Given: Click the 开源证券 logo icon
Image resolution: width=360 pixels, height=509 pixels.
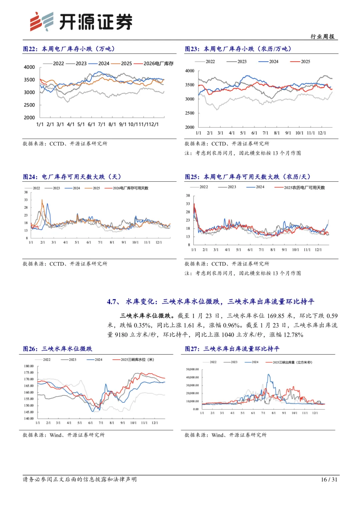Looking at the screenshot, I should pos(41,21).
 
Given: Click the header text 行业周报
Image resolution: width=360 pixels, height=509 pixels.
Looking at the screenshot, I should pos(322,37).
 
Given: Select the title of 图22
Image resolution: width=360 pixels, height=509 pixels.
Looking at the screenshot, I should pos(69,49).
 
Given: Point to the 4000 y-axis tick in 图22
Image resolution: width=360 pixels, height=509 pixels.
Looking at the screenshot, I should pos(29,67).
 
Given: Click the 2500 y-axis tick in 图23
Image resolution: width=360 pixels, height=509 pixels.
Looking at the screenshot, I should pos(190,113).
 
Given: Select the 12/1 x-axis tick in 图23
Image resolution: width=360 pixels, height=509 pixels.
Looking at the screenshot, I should pos(322,133).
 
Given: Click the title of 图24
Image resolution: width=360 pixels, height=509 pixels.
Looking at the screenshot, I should pos(72,177).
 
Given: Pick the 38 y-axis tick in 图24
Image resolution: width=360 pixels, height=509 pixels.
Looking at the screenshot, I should pos(26,192).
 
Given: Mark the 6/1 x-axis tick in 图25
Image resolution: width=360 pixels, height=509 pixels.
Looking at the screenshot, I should pos(250,250).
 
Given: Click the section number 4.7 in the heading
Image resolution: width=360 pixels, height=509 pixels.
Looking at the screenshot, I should pos(113,302).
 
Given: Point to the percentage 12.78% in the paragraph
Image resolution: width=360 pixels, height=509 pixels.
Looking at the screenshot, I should pos(293,335).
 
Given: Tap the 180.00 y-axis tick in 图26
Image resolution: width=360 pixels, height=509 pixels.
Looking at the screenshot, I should pos(29,366).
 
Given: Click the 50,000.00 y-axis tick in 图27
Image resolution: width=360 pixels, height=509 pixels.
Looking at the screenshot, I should pos(192,369).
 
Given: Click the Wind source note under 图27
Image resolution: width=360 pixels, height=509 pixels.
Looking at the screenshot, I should pos(225,435).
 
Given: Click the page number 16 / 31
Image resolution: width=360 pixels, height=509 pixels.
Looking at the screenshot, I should pos(329,479).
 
